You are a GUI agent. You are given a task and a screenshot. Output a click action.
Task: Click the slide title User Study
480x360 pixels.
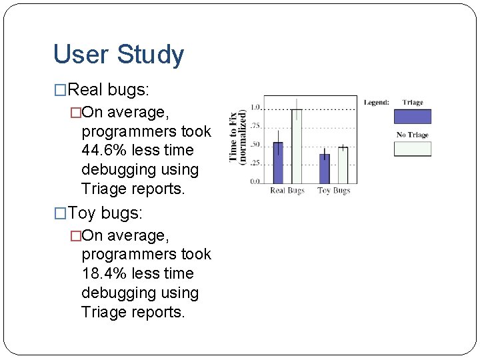(x=118, y=55)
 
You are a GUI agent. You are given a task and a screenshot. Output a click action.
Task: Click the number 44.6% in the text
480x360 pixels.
(x=104, y=151)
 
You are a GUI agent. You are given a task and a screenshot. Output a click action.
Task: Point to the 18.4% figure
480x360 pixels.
(x=104, y=274)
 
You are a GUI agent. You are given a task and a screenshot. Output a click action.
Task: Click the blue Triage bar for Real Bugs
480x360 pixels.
(x=278, y=163)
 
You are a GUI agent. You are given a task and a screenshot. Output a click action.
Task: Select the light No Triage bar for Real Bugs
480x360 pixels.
(x=296, y=146)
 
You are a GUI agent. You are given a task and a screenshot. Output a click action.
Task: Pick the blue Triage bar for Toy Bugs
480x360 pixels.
(x=325, y=169)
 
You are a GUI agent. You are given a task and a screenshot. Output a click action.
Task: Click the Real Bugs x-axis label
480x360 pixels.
(x=287, y=191)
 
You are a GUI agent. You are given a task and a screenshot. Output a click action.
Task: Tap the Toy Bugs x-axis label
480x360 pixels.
(x=333, y=191)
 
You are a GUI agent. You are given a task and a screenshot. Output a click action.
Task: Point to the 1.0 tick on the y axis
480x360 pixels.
(x=255, y=108)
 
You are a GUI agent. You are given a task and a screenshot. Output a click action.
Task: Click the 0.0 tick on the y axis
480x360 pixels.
(x=255, y=182)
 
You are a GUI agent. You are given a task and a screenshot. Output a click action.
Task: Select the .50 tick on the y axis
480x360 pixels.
(x=254, y=145)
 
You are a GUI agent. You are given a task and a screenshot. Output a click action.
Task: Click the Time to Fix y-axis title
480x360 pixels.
(x=237, y=137)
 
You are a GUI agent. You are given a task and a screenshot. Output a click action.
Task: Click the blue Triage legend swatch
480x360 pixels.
(x=413, y=117)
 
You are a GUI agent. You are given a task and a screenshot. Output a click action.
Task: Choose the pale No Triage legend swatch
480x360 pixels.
(x=413, y=149)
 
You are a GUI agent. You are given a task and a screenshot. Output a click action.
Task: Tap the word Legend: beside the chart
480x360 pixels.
(x=377, y=103)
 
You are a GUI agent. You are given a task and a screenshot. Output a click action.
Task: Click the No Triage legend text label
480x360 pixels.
(x=412, y=135)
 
